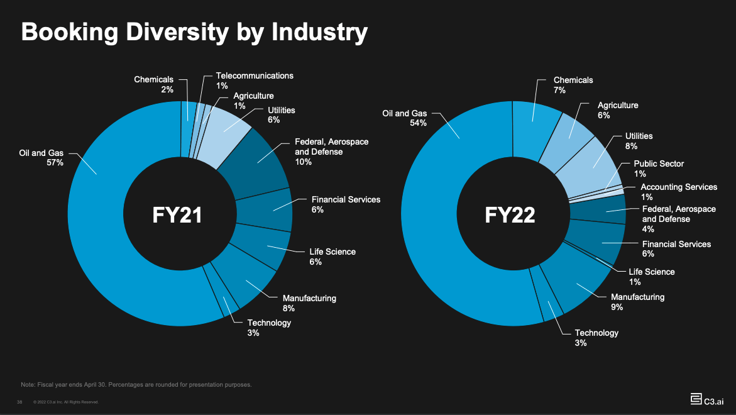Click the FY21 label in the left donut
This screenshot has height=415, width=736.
click(x=177, y=215)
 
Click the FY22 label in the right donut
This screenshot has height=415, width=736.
click(x=510, y=215)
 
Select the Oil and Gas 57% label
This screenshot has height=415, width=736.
click(x=43, y=157)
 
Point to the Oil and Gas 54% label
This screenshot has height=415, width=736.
click(x=405, y=118)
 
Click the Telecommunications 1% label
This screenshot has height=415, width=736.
click(x=255, y=80)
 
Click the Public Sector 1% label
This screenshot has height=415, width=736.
click(x=658, y=168)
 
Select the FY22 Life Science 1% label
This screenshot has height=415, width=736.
click(x=652, y=276)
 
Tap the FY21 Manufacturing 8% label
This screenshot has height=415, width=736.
click(x=309, y=302)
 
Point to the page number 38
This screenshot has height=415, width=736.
click(x=19, y=402)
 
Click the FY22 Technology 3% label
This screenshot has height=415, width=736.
click(x=596, y=337)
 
